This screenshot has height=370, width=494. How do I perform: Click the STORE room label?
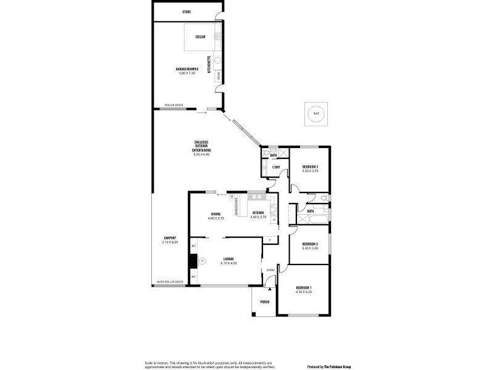coord(186,12)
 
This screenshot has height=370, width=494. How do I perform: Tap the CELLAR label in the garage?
coord(201,37)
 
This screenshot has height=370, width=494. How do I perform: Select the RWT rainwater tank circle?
coord(316,113)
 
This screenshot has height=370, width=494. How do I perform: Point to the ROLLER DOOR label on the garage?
coord(174,105)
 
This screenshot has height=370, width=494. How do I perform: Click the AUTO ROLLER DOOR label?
coord(170,282)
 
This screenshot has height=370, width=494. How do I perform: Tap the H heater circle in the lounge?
coord(201,261)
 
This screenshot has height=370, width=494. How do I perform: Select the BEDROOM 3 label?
coord(310,166)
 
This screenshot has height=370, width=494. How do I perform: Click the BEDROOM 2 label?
coord(310,244)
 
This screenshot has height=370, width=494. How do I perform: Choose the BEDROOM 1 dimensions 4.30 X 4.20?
coord(304,292)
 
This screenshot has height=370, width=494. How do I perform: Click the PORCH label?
coord(264,302)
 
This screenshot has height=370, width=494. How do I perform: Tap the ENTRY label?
coord(270,270)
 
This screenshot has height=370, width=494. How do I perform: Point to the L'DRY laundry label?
coord(276,167)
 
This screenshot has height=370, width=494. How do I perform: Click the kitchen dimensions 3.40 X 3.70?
coord(258,217)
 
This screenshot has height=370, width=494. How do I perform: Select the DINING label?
coord(216,213)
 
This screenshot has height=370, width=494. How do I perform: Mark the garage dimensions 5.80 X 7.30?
coord(186,73)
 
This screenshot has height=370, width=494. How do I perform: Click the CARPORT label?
coord(170,238)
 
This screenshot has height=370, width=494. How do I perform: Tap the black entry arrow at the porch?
coord(270,287)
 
